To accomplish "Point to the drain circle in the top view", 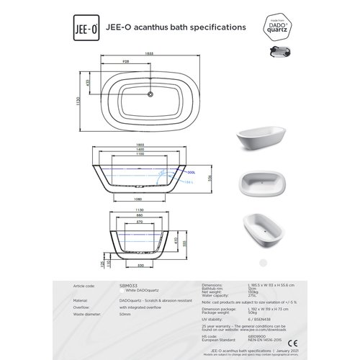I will (x=149, y=93).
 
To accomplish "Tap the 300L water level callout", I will (x=190, y=173).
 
